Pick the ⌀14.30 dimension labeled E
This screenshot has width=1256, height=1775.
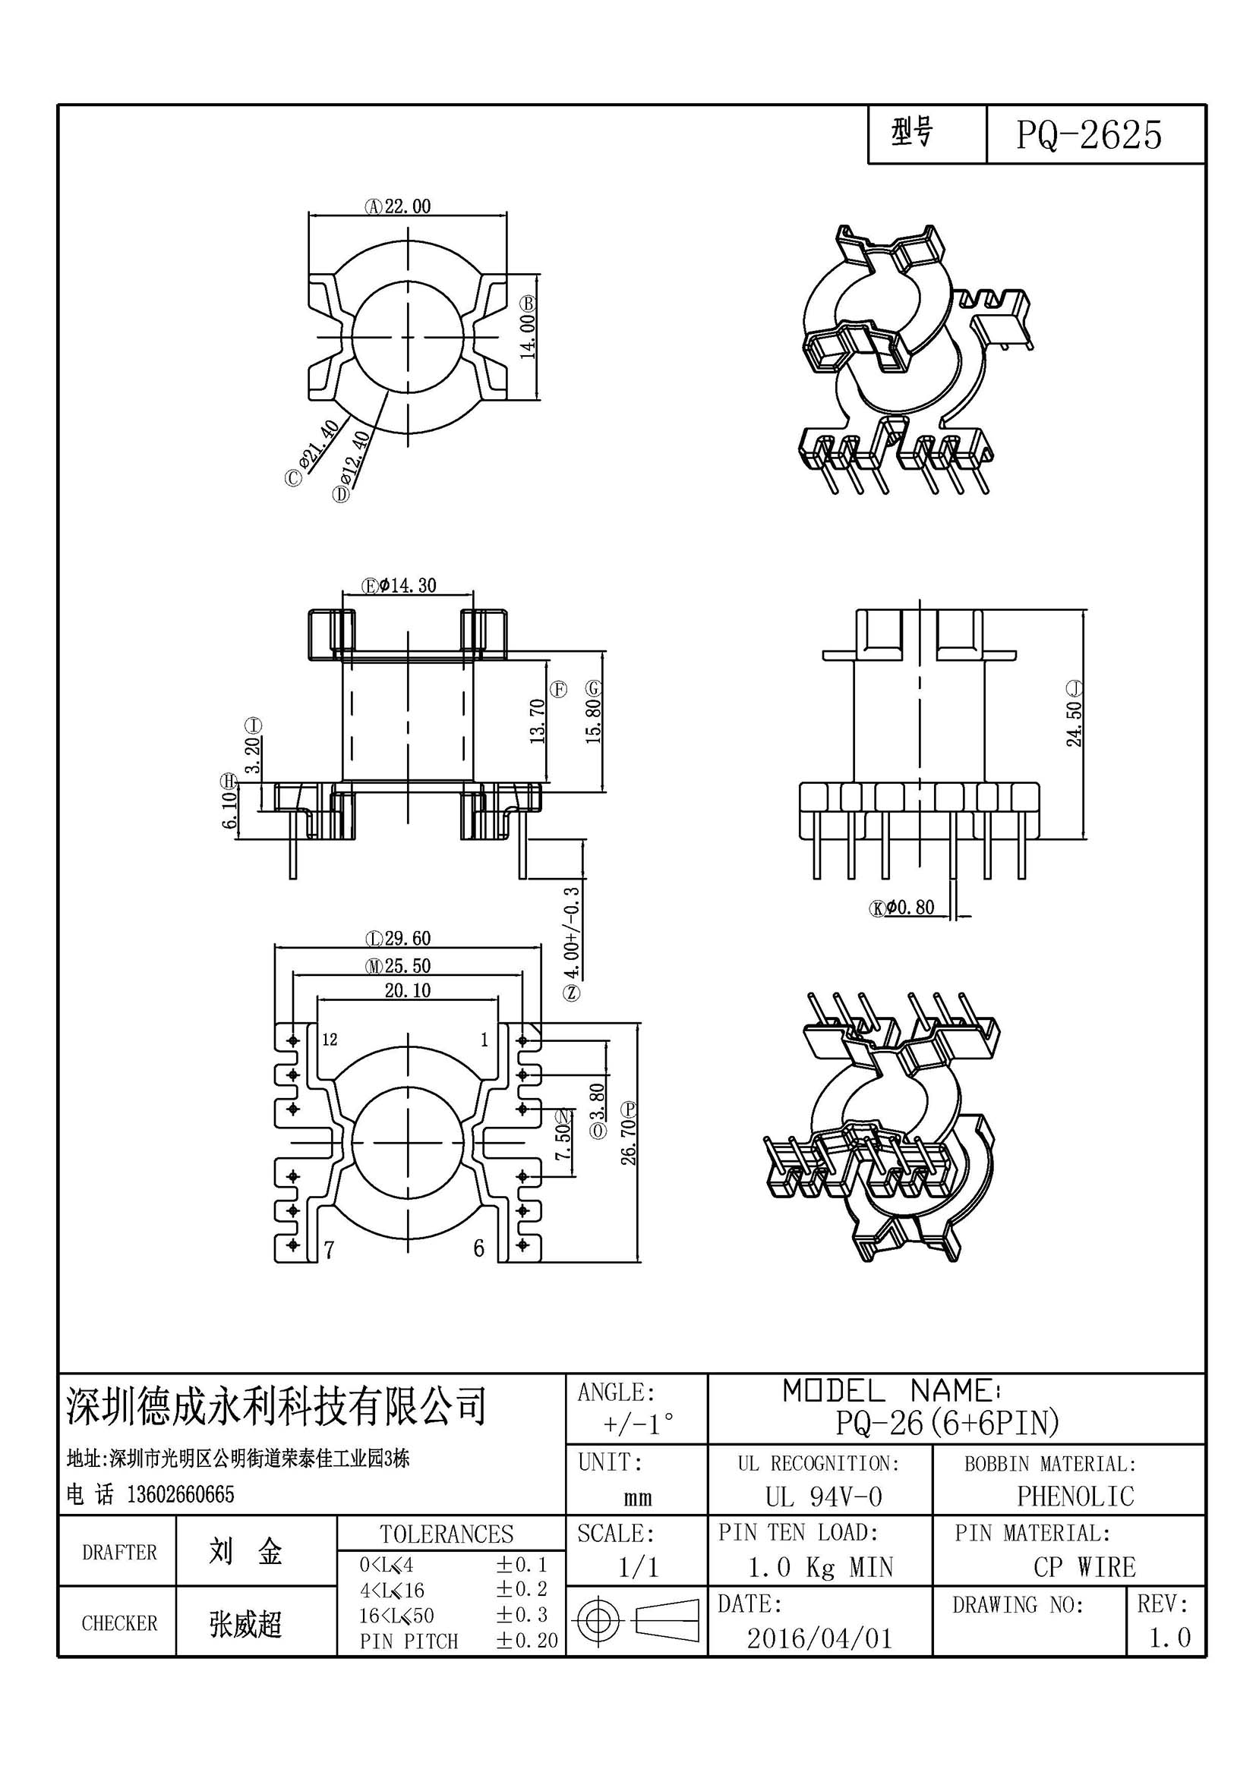pos(399,585)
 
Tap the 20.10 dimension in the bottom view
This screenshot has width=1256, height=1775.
pos(408,990)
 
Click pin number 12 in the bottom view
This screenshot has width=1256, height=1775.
pos(330,1040)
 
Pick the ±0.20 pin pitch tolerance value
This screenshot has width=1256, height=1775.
pos(527,1641)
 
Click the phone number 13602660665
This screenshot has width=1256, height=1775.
pos(180,1494)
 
